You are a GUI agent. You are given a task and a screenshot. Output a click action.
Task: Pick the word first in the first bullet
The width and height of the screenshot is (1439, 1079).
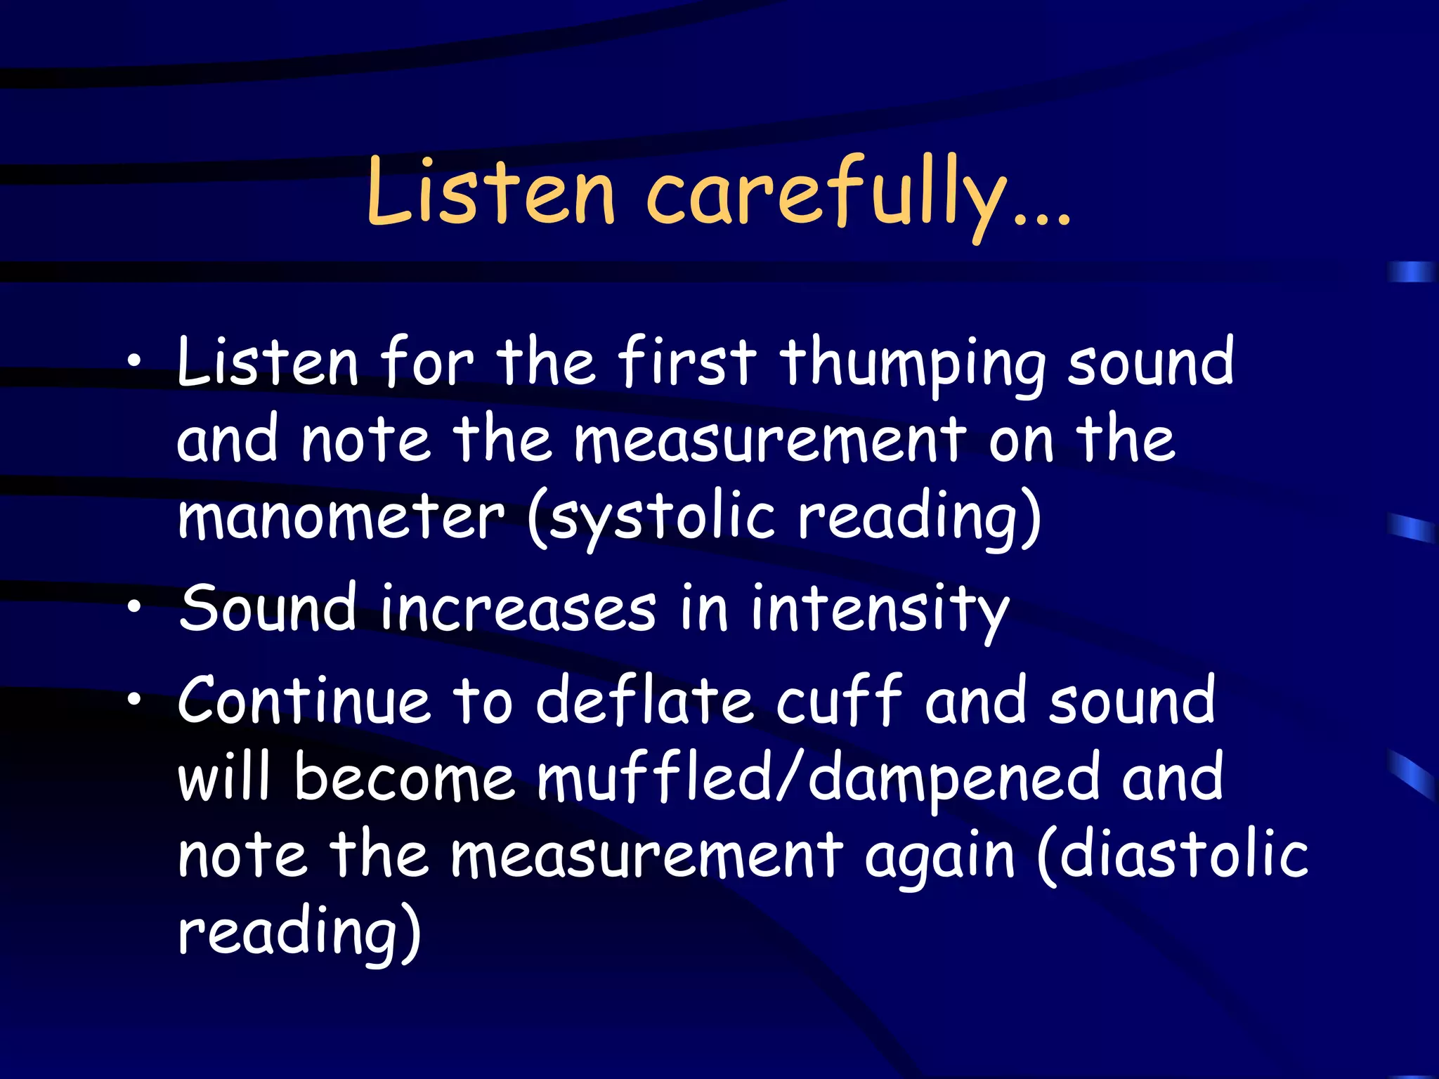687,361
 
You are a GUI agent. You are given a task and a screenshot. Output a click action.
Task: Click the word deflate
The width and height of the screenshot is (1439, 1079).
644,700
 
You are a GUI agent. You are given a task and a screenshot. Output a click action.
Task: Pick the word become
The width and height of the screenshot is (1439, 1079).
404,778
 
